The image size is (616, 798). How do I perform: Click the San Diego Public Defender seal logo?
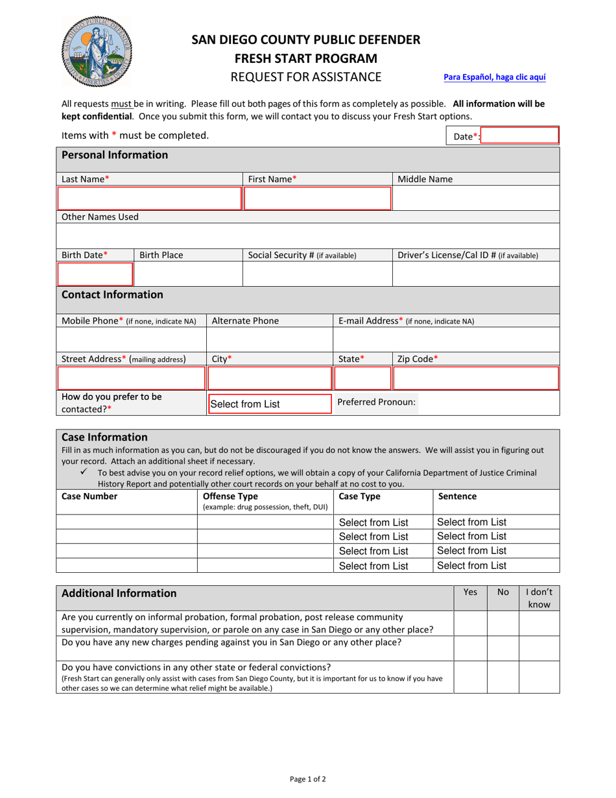(96, 52)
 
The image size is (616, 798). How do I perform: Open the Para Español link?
(494, 77)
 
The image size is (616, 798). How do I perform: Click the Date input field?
(520, 136)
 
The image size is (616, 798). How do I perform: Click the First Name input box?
(317, 199)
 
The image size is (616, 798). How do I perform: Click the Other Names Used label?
(100, 217)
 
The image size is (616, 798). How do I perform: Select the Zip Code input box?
(476, 378)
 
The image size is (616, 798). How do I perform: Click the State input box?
(362, 378)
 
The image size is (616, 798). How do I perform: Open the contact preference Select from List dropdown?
(268, 404)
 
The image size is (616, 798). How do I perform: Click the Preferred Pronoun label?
(376, 402)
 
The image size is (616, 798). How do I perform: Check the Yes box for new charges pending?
(470, 648)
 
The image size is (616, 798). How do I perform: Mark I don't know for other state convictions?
(539, 677)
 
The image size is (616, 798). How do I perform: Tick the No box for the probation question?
(503, 623)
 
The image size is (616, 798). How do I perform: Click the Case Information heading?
(104, 437)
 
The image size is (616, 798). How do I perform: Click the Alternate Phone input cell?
(269, 339)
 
